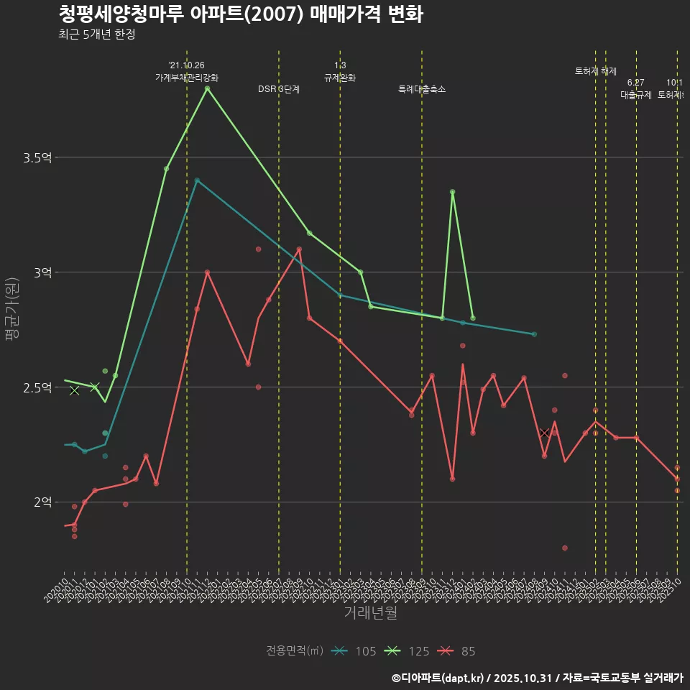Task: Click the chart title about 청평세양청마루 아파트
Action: [x=240, y=14]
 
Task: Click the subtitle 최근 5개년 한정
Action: [x=96, y=34]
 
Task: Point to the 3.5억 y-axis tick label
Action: [x=42, y=157]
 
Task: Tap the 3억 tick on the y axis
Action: [x=45, y=272]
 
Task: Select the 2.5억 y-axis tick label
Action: [x=42, y=387]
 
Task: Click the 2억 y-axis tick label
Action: [x=45, y=502]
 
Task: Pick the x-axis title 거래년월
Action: [x=370, y=613]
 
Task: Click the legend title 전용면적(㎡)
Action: [x=294, y=651]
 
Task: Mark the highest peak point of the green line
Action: [x=207, y=88]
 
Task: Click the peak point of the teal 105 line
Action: [x=197, y=180]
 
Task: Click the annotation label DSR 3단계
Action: [x=279, y=89]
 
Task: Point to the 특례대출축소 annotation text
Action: [x=422, y=89]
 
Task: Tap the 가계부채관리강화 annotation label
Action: [x=187, y=78]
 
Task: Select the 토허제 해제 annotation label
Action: [x=596, y=71]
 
